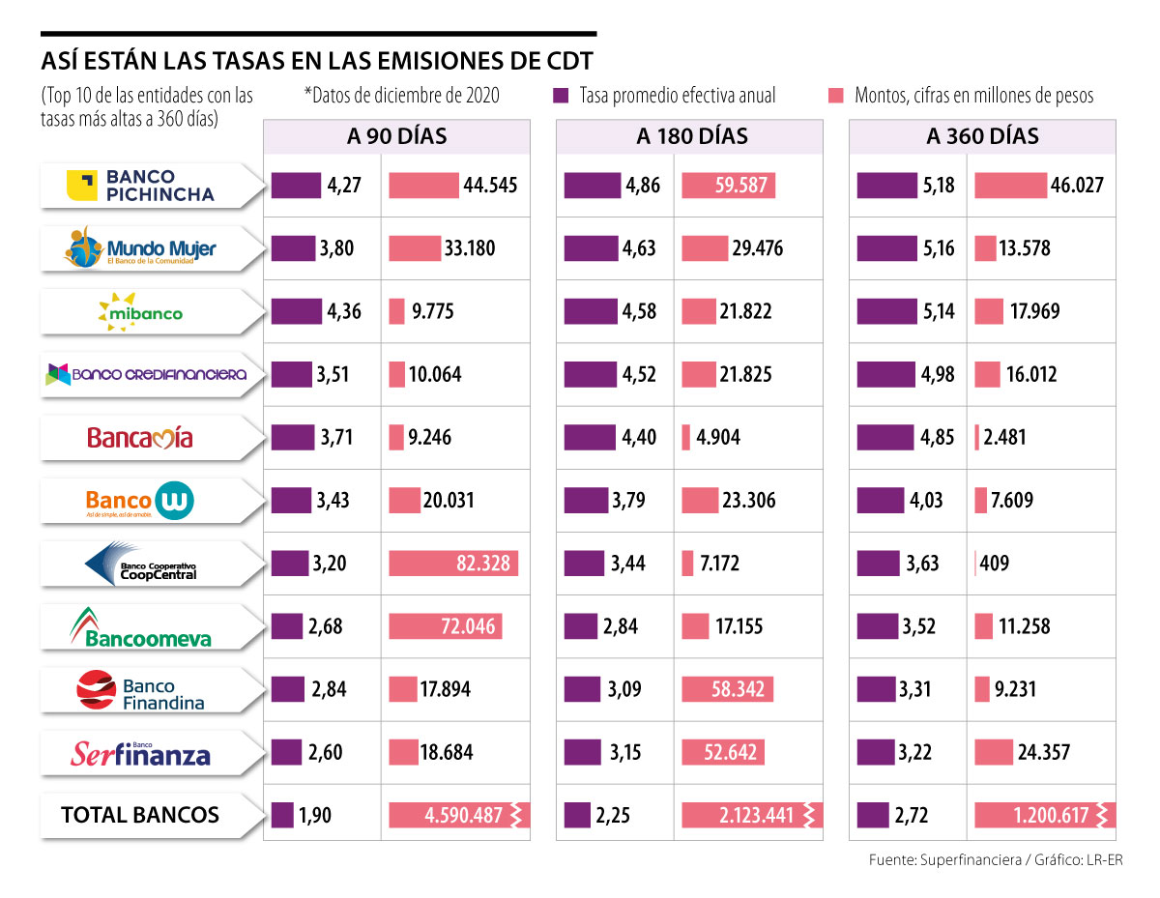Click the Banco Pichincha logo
(x=140, y=186)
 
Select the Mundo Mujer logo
(x=140, y=249)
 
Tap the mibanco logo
(x=140, y=311)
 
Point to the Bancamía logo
(x=140, y=438)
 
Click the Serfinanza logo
(x=140, y=753)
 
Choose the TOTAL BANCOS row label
(x=140, y=815)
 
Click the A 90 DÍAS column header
(x=396, y=136)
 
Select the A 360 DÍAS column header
(x=982, y=136)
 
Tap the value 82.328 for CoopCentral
(x=483, y=564)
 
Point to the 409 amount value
(x=994, y=564)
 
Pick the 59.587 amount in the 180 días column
(x=741, y=186)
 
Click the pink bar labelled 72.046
(x=446, y=626)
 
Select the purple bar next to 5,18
(x=885, y=186)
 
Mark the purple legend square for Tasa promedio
(x=560, y=96)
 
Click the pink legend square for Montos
(x=836, y=96)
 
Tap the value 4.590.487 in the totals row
(x=463, y=815)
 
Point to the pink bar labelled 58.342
(x=730, y=689)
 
